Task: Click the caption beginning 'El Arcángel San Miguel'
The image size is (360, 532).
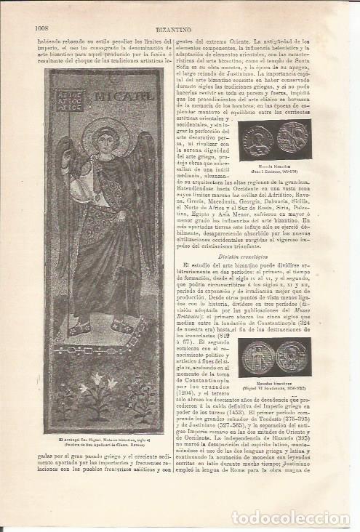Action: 105,440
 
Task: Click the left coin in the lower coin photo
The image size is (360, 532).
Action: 257,357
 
